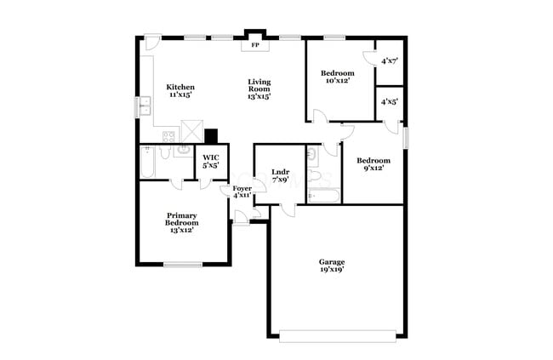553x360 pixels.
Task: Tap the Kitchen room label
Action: pyautogui.click(x=180, y=87)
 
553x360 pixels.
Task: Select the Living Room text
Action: pyautogui.click(x=259, y=86)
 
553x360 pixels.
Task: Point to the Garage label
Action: pyautogui.click(x=332, y=261)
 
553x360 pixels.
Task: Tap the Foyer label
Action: pyautogui.click(x=242, y=187)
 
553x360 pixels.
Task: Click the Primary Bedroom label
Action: pyautogui.click(x=182, y=219)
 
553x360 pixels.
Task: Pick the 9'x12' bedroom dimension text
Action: pyautogui.click(x=373, y=169)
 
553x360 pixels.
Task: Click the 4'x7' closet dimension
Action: pyautogui.click(x=391, y=61)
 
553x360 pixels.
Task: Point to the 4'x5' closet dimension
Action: pyautogui.click(x=391, y=101)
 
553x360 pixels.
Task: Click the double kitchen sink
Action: pyautogui.click(x=145, y=106)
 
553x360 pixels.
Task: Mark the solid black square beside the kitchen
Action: pyautogui.click(x=212, y=134)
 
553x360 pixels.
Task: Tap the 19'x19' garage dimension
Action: pyautogui.click(x=332, y=270)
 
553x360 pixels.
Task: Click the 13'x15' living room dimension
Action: pyautogui.click(x=259, y=97)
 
